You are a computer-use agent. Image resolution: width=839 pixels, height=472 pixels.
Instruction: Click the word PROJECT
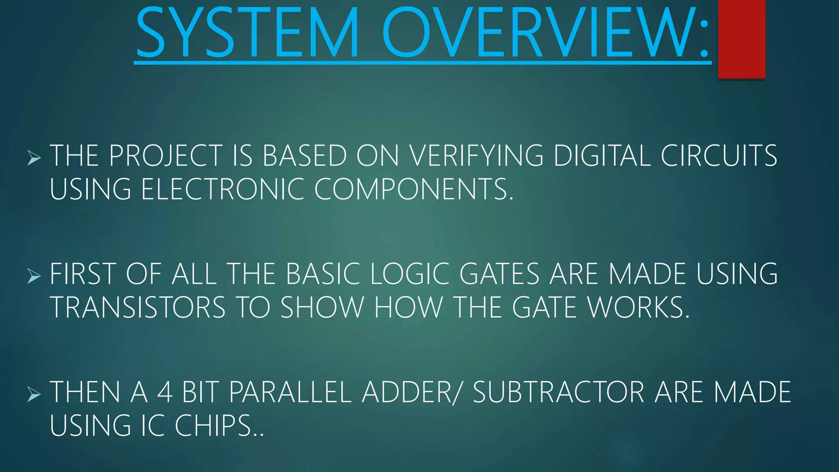(x=166, y=156)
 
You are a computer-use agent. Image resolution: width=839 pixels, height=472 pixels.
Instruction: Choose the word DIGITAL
(x=602, y=156)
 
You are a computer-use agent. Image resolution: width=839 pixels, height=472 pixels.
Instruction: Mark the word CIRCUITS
(x=719, y=156)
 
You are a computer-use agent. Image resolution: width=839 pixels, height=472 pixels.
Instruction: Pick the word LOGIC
(x=410, y=274)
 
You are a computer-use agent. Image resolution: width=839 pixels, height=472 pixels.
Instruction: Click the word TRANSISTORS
(x=138, y=308)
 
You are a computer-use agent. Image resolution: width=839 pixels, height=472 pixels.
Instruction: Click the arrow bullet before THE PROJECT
(x=34, y=158)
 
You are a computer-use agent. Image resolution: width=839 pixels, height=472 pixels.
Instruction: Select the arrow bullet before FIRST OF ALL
(x=34, y=276)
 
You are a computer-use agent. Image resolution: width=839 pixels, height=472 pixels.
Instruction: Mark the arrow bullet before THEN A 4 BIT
(x=34, y=394)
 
